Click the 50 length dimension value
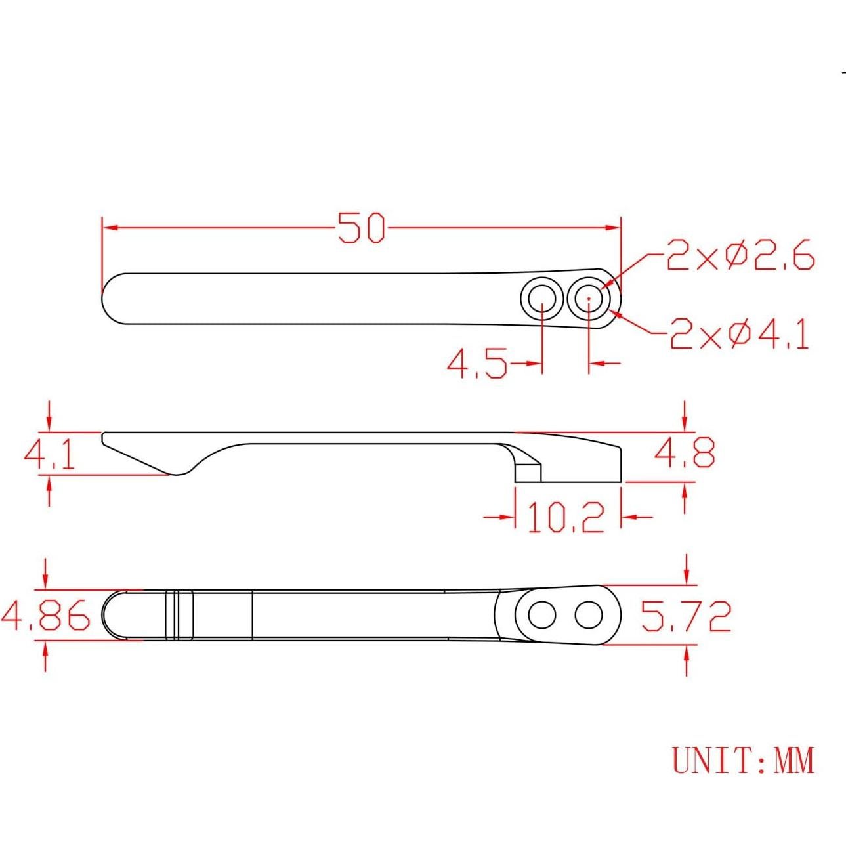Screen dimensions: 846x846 361,228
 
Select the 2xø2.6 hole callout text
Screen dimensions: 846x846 740,255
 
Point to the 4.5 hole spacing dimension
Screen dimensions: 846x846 477,364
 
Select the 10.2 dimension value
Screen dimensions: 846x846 566,517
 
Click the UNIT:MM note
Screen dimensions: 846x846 742,761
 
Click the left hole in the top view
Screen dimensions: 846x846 542,300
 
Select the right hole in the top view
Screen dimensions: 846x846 589,300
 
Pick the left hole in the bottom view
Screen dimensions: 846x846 542,616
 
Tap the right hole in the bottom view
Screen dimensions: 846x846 589,616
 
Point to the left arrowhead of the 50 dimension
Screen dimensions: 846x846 109,228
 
